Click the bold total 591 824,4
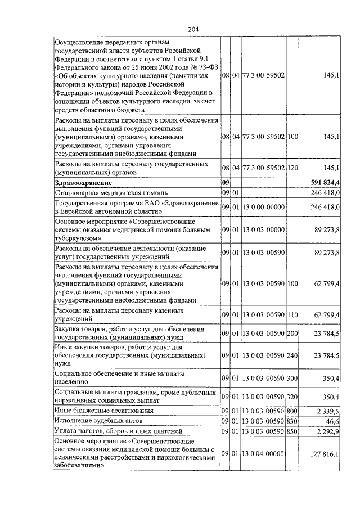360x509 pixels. pyautogui.click(x=325, y=183)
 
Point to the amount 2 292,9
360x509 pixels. pyautogui.click(x=327, y=430)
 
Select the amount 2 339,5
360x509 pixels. pyautogui.click(x=327, y=411)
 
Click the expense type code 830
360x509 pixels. pyautogui.click(x=292, y=420)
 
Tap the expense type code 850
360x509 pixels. pyautogui.click(x=292, y=430)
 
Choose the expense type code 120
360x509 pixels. pyautogui.click(x=292, y=168)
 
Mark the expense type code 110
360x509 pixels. pyautogui.click(x=292, y=314)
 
